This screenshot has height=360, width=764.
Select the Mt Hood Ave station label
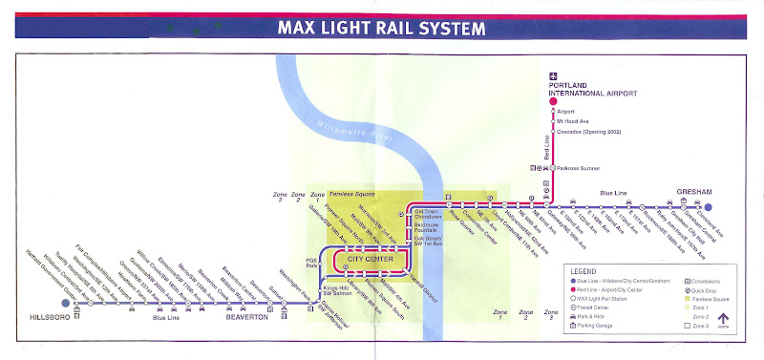tap(573, 121)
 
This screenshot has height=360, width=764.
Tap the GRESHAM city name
tap(694, 191)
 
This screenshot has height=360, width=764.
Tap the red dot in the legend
tap(571, 290)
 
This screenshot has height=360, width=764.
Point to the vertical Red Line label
tap(548, 149)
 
